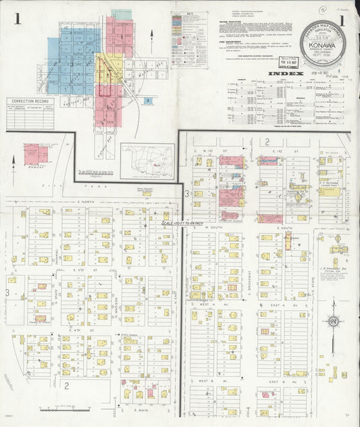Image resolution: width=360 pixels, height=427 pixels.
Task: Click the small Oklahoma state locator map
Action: pyautogui.click(x=147, y=160)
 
